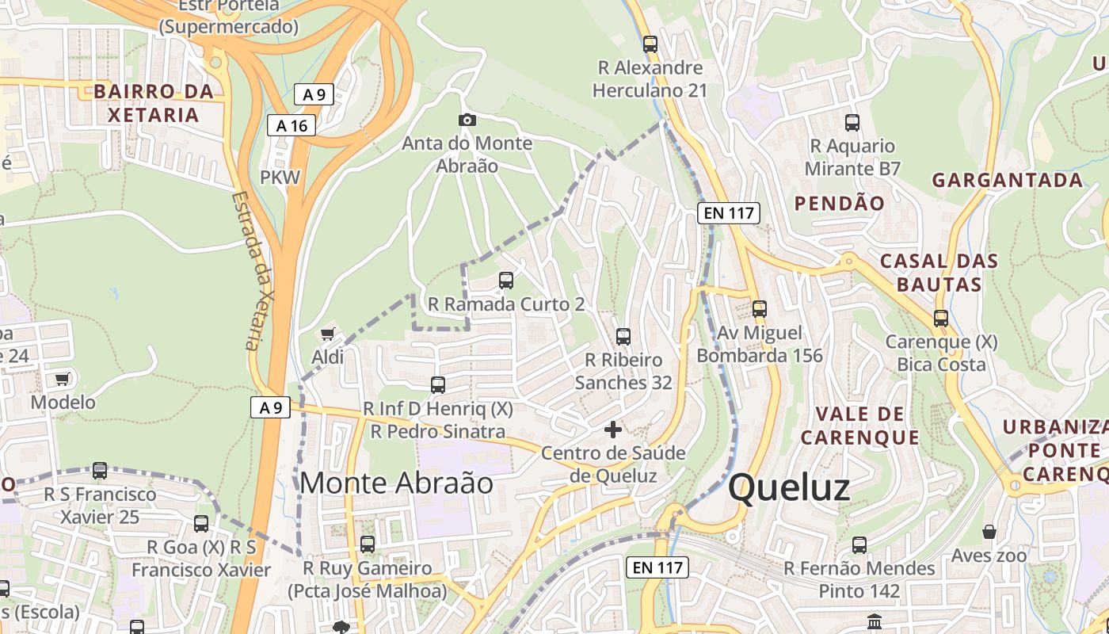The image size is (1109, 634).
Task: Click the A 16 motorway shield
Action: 292,125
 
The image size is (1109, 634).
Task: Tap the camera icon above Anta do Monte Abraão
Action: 467,120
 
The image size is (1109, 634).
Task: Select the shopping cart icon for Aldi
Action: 327,334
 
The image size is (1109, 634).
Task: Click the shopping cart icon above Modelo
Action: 63,379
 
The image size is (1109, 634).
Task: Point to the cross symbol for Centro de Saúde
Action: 613,430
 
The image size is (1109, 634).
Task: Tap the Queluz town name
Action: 789,487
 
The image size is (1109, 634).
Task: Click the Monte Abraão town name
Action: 396,483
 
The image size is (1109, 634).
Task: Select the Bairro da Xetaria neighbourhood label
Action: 154,103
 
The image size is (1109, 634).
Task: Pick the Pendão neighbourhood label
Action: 839,204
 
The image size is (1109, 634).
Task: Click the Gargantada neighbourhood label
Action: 1006,180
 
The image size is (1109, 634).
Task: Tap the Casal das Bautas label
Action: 939,272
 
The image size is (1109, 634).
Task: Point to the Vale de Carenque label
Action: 859,425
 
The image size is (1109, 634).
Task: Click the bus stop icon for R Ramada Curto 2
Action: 506,281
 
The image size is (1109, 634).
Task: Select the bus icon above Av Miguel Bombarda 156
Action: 760,309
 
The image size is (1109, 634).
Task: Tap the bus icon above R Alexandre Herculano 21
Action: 650,44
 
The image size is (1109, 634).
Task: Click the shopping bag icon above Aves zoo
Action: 989,531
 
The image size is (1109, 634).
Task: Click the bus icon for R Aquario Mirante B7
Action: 852,123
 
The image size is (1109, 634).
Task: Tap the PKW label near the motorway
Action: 280,177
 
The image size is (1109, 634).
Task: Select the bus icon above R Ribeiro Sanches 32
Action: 623,337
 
